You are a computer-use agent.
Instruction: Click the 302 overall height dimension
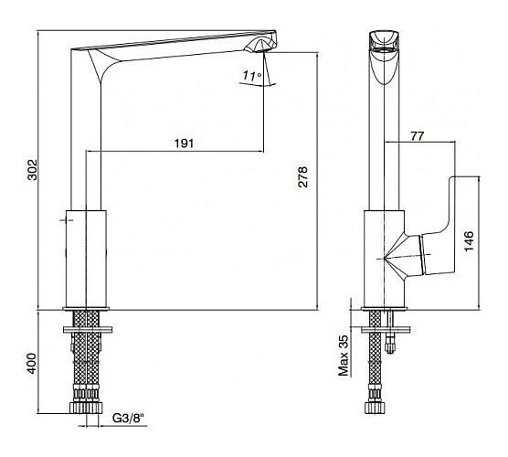(32, 169)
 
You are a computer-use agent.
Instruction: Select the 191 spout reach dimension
(184, 143)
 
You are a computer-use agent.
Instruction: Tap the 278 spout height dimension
(302, 177)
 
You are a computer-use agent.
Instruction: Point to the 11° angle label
(252, 76)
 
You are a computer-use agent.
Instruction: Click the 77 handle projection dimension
(417, 136)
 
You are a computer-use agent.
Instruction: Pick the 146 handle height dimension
(469, 240)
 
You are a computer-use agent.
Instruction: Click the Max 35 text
(344, 356)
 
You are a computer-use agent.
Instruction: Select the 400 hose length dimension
(31, 364)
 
